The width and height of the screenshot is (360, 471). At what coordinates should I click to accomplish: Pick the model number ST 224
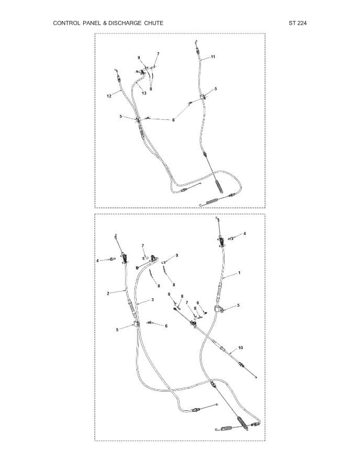[x=298, y=23]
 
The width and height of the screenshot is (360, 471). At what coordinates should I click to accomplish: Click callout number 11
[x=213, y=57]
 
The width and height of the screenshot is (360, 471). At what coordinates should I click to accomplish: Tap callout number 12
[x=109, y=96]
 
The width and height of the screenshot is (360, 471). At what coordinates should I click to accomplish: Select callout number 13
[x=144, y=93]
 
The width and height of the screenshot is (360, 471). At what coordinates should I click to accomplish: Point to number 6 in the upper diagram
[x=173, y=120]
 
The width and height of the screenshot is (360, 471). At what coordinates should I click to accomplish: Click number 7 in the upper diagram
[x=158, y=54]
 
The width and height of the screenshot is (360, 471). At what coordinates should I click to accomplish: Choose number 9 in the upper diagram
[x=139, y=58]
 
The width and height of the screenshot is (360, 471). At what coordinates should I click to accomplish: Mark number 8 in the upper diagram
[x=151, y=88]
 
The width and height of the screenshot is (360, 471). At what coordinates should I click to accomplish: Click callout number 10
[x=241, y=347]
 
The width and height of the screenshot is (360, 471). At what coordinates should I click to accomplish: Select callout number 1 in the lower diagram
[x=239, y=273]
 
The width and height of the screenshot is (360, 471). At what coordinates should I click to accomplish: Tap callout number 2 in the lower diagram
[x=108, y=293]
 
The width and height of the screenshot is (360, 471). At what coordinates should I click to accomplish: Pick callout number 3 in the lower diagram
[x=152, y=299]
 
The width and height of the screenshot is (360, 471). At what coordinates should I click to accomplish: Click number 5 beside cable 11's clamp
[x=216, y=88]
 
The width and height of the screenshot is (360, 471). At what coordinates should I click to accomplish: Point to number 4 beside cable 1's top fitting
[x=244, y=233]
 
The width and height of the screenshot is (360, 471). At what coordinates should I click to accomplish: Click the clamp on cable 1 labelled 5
[x=219, y=309]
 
